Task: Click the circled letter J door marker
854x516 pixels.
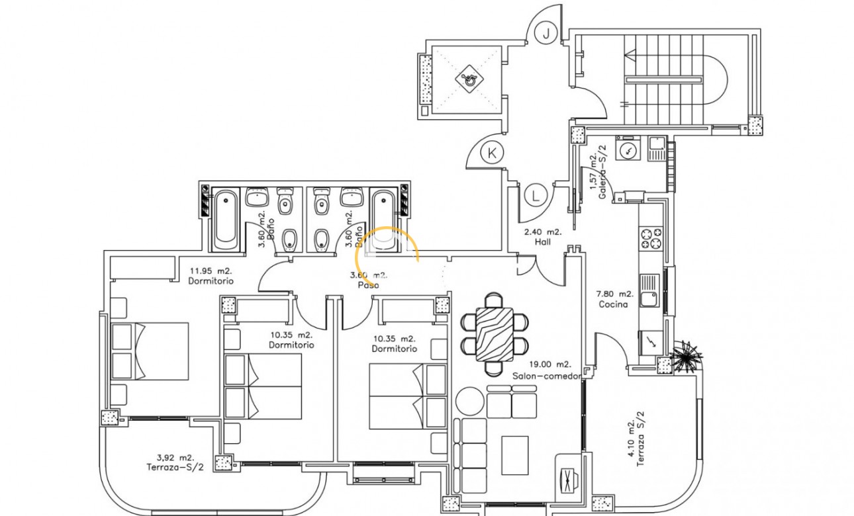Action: pos(546,32)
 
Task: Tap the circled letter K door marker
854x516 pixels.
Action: pos(491,153)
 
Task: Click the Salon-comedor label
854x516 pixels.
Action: pos(546,375)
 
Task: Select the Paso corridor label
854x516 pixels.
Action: pos(368,285)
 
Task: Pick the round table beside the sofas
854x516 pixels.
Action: pos(469,402)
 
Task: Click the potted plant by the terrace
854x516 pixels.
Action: pos(685,358)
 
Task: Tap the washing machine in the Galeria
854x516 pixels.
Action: pos(626,149)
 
